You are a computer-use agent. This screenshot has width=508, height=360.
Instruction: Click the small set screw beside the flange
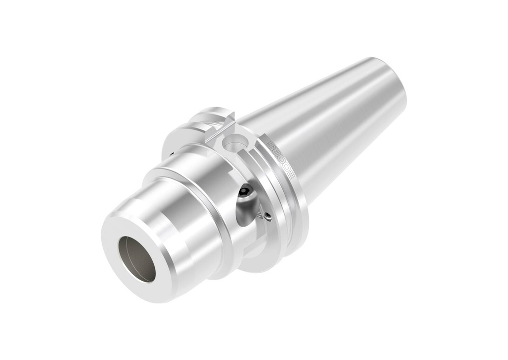tap(267, 216)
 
